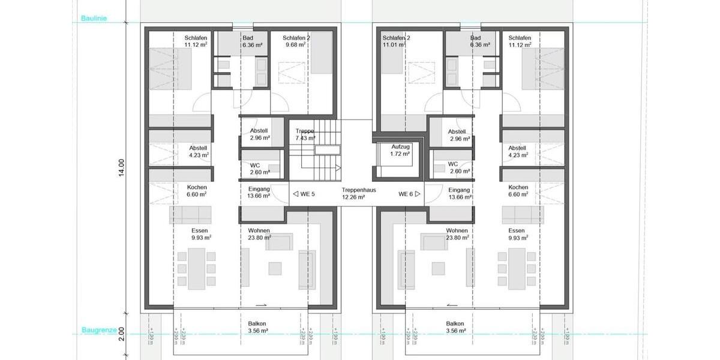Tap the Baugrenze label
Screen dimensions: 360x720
94,330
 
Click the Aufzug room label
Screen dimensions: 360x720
400,147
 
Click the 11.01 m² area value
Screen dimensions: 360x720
395,44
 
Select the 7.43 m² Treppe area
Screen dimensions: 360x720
305,138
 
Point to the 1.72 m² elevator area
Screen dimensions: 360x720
400,154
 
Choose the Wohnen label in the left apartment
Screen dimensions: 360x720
259,230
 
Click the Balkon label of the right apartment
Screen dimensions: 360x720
455,323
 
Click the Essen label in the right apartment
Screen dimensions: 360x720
516,230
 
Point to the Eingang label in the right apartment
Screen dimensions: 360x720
460,190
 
